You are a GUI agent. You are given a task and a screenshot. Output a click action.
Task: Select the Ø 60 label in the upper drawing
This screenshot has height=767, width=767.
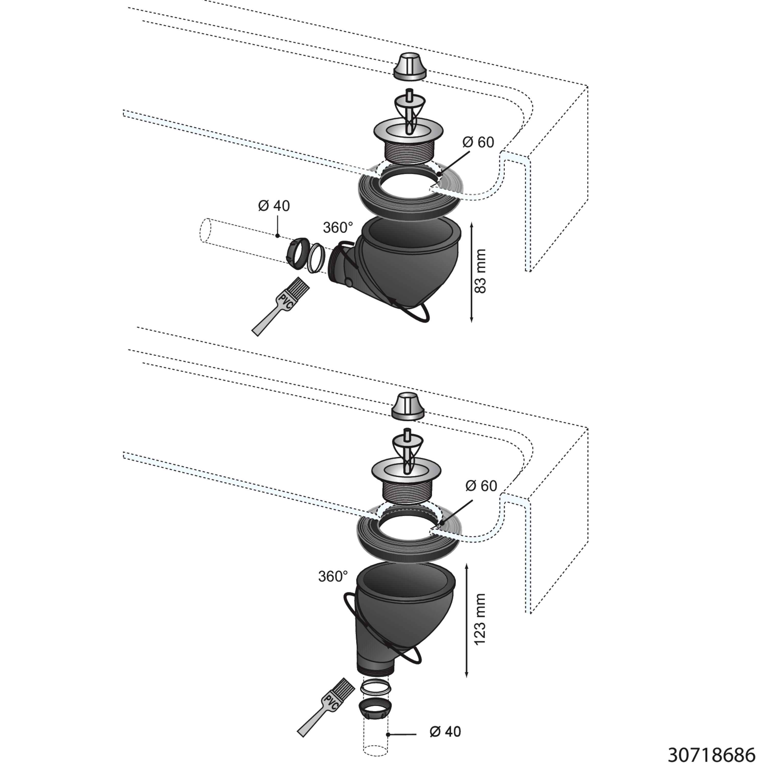(478, 142)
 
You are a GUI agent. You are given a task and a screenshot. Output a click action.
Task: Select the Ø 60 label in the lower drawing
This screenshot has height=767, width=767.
(481, 486)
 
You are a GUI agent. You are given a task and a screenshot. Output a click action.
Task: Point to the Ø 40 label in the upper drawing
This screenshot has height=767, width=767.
(274, 206)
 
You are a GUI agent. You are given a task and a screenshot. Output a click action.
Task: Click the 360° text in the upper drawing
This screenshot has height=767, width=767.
(338, 228)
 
